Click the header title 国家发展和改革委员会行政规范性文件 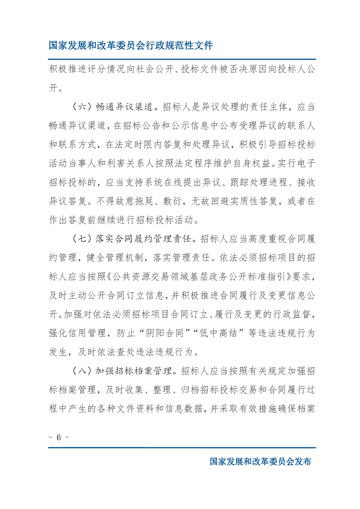point(131,45)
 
